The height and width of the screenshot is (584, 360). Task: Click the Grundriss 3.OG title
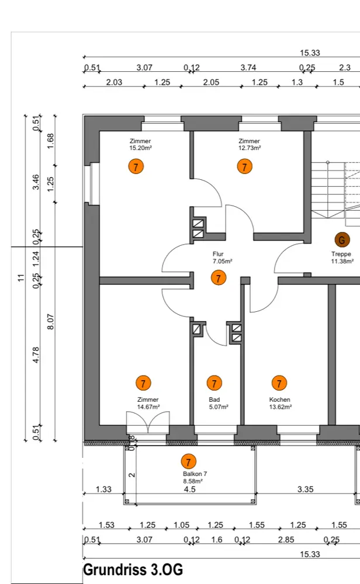click(x=133, y=569)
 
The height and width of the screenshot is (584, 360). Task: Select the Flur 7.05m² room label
click(x=222, y=258)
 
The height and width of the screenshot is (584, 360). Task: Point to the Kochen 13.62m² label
click(x=280, y=403)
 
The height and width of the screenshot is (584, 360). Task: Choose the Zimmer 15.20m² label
click(x=140, y=145)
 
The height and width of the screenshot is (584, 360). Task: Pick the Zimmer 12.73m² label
click(x=249, y=145)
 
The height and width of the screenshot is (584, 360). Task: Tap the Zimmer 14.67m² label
click(x=148, y=403)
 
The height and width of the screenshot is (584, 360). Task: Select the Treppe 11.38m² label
click(x=342, y=258)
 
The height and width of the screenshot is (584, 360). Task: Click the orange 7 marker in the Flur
click(x=219, y=278)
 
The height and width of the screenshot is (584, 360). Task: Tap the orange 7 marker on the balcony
click(x=188, y=461)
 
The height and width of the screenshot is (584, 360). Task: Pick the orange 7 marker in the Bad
click(x=214, y=383)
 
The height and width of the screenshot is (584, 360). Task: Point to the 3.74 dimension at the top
click(x=248, y=68)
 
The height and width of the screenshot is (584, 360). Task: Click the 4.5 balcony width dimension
click(x=190, y=489)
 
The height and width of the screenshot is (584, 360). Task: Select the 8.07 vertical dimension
click(x=51, y=322)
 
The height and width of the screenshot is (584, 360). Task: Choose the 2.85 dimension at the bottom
click(x=286, y=540)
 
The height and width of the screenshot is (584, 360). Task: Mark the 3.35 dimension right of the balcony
click(x=305, y=489)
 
